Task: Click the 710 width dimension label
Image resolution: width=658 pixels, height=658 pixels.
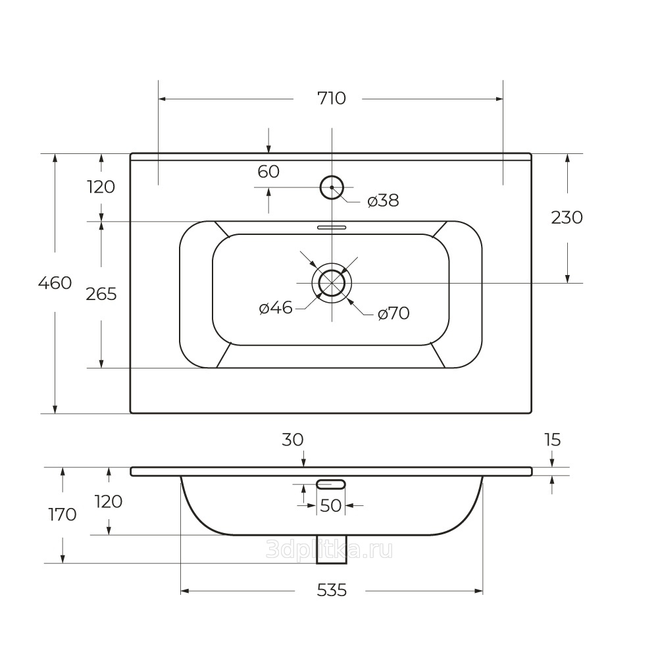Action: (x=331, y=99)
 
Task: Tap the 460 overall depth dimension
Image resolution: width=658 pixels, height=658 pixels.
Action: (x=55, y=284)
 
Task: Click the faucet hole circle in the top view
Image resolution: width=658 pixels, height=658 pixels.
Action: (x=332, y=188)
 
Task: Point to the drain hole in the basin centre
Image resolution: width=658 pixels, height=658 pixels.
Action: (x=332, y=283)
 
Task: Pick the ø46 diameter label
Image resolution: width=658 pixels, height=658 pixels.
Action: (x=276, y=307)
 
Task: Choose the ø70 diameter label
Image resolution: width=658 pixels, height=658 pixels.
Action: (x=393, y=314)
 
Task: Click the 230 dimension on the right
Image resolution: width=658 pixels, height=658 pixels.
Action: (x=567, y=217)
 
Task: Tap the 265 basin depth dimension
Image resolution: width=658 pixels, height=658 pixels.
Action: (x=101, y=294)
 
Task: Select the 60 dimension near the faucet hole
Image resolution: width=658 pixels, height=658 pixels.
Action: (x=268, y=172)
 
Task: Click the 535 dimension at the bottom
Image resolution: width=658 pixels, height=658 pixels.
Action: (x=332, y=590)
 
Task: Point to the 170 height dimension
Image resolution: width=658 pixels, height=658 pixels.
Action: (x=63, y=514)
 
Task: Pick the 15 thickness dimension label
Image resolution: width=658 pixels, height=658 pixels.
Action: (x=552, y=439)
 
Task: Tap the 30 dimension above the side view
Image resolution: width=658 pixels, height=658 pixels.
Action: (x=293, y=439)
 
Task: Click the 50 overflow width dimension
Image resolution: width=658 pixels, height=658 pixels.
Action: (x=331, y=506)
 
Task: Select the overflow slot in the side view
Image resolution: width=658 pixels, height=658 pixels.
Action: (x=331, y=484)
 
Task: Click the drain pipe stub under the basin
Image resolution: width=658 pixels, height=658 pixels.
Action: (x=331, y=549)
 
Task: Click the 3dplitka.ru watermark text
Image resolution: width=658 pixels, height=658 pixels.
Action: (x=329, y=549)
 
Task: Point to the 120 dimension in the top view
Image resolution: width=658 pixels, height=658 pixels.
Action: (x=101, y=187)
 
